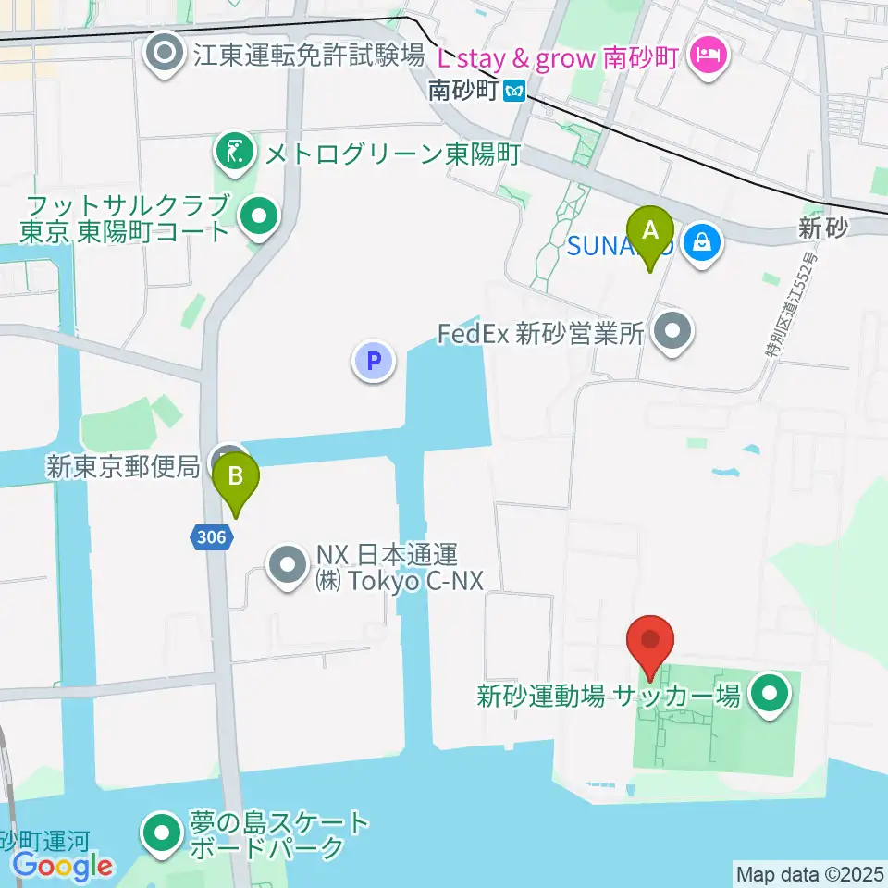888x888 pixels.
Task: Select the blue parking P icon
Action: (x=374, y=361)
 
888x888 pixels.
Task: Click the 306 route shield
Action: (x=212, y=536)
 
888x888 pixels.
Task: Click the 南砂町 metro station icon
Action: (x=515, y=91)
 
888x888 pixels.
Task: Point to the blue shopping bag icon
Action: (x=702, y=243)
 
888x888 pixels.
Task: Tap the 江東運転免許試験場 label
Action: (x=309, y=55)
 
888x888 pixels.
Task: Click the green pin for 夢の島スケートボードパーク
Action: (x=163, y=833)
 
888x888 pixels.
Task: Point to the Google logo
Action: (x=63, y=866)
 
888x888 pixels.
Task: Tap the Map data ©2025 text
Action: (x=809, y=873)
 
